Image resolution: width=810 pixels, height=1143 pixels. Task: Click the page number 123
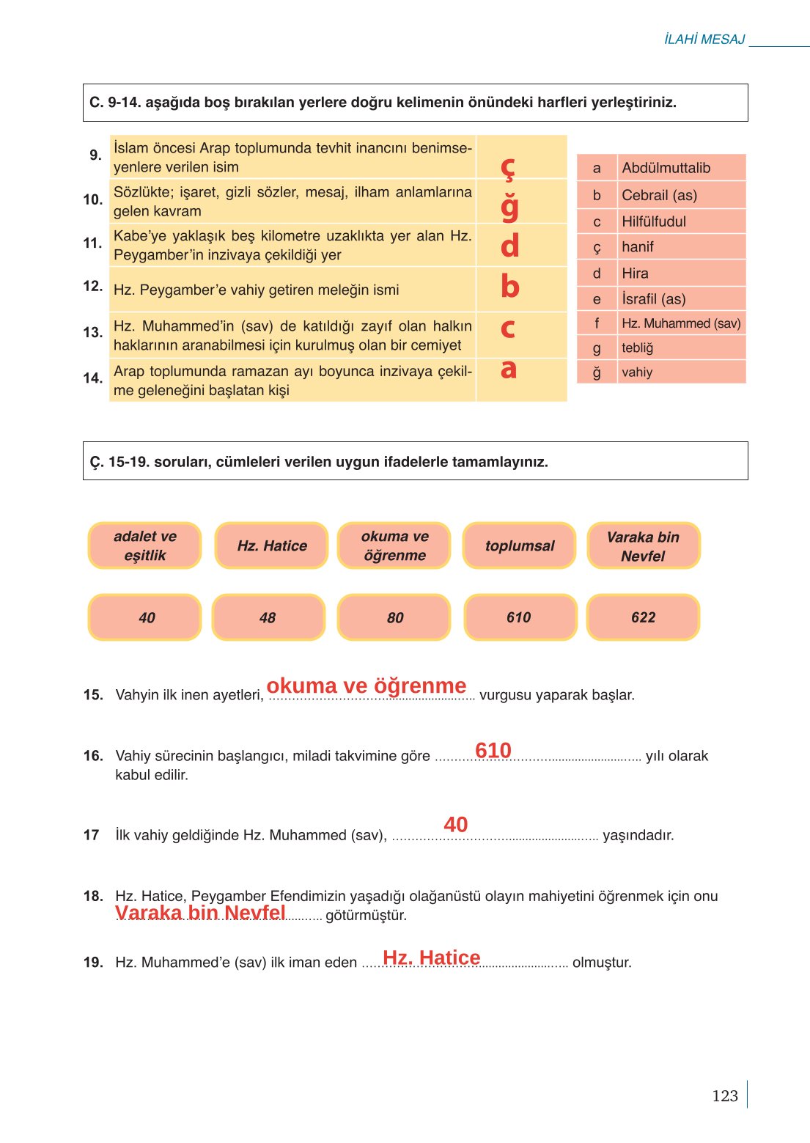[724, 1095]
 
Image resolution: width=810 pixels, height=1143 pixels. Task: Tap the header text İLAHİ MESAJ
[704, 40]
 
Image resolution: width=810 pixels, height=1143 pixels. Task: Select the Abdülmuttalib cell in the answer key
[666, 168]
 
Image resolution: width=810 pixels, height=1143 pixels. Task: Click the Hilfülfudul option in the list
[654, 221]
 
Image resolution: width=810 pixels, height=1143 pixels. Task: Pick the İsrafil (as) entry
[653, 299]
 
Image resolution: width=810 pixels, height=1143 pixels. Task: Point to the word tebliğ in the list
[637, 348]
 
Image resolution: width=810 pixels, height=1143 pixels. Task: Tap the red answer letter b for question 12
[509, 287]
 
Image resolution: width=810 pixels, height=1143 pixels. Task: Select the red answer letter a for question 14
[509, 370]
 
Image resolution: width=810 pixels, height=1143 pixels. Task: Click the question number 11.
[92, 243]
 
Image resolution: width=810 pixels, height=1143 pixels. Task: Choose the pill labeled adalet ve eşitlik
[144, 545]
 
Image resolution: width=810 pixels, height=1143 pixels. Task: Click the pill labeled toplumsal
[520, 545]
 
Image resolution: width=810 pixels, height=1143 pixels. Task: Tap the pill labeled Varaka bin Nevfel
[643, 546]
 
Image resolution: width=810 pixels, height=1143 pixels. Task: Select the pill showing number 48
[268, 617]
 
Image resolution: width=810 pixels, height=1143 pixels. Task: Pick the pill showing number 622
[643, 617]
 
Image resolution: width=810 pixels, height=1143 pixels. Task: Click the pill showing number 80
[394, 617]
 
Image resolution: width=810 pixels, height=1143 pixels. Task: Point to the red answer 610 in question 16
[493, 750]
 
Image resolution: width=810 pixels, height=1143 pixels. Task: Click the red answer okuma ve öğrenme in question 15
[367, 686]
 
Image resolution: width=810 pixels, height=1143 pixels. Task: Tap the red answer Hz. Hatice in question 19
[432, 958]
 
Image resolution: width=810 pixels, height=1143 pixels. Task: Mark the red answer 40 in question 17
[455, 825]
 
